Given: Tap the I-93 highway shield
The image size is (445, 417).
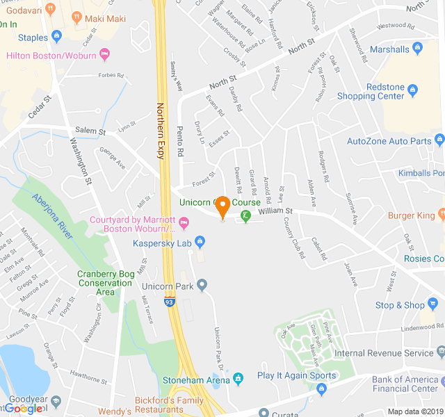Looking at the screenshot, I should coord(170,301).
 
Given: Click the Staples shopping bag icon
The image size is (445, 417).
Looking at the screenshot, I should coord(56,38).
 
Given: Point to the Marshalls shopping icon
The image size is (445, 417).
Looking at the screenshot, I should coord(417,49).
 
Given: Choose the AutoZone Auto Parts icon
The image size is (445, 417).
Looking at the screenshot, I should coord(439,141).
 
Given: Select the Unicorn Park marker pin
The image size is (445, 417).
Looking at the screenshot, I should coord(202,285).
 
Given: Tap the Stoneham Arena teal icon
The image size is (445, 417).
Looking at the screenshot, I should coord(238,379).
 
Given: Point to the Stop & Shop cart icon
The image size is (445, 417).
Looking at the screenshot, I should coord(434,305).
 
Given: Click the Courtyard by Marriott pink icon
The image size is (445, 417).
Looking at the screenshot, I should coord(184,223).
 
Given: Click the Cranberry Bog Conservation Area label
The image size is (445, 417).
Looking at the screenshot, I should coord(106,283).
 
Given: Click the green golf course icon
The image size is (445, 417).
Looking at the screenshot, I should coord(245,217).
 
